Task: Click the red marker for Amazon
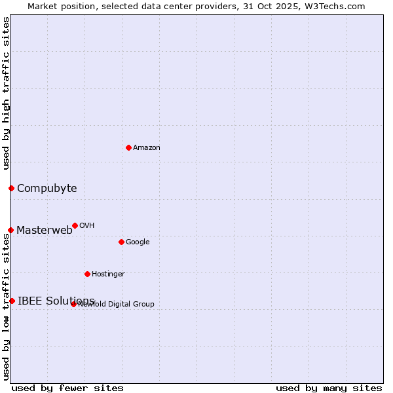click(x=128, y=147)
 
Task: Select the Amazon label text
click(x=147, y=148)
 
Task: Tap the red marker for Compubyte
click(x=11, y=189)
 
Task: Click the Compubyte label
click(x=47, y=189)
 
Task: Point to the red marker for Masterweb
click(x=10, y=230)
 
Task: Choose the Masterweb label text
click(x=45, y=230)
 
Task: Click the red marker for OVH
click(x=75, y=225)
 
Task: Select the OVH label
click(x=87, y=226)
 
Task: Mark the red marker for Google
click(x=121, y=242)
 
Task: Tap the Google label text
click(x=138, y=242)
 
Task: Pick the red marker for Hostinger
click(x=87, y=274)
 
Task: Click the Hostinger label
click(x=108, y=274)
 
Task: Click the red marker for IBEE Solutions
click(x=12, y=301)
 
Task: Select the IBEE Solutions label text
click(x=56, y=301)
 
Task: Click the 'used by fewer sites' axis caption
click(x=67, y=388)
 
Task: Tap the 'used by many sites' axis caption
click(x=329, y=388)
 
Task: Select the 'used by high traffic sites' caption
click(x=6, y=93)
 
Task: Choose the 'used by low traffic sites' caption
click(x=6, y=306)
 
